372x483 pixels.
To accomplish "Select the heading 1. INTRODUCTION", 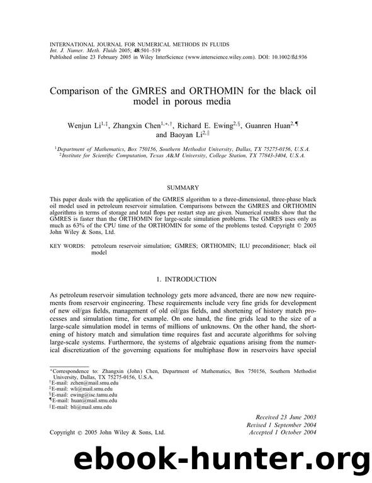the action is click(187, 278).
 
